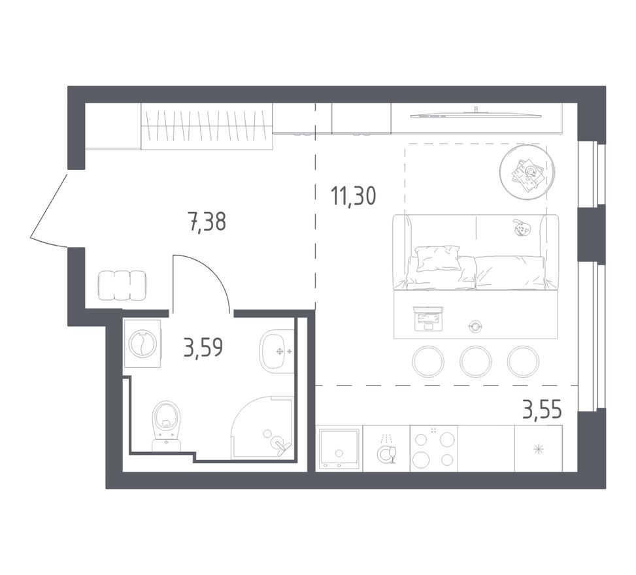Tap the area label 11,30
(x=354, y=195)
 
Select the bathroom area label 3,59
(x=203, y=348)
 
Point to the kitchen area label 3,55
(x=542, y=411)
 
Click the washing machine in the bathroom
(x=142, y=344)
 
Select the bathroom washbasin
(x=278, y=352)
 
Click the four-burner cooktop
(x=433, y=449)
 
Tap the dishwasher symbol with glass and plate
(x=386, y=449)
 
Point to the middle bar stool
(x=476, y=362)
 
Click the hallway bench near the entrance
(x=122, y=286)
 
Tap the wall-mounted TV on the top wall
(x=476, y=115)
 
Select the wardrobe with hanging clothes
(x=207, y=126)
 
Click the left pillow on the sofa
(x=437, y=258)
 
